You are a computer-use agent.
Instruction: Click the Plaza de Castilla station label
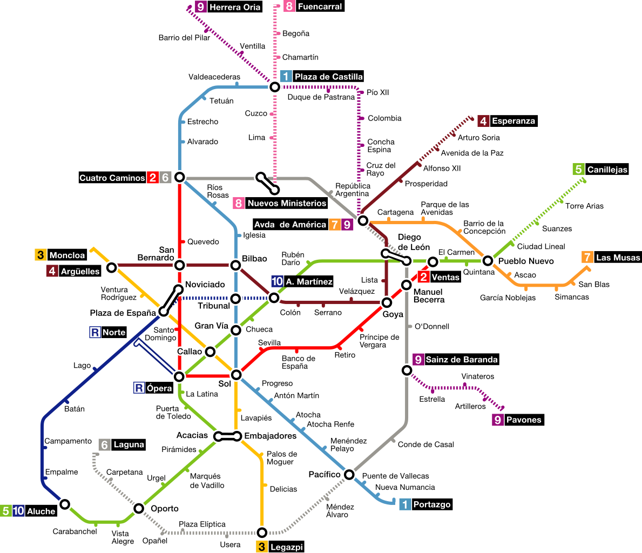pos(328,77)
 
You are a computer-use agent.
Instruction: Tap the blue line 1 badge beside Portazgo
pos(405,504)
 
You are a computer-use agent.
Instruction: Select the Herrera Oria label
pos(235,7)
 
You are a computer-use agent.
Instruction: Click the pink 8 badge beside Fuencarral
pos(289,7)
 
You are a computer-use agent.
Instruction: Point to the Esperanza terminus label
pos(513,121)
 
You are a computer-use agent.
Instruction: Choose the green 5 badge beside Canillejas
pos(578,170)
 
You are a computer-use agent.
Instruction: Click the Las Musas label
pos(618,258)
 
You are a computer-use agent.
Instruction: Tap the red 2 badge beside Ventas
pos(423,278)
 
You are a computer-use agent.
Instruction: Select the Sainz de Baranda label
pos(462,360)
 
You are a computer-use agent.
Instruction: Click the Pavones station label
pos(523,420)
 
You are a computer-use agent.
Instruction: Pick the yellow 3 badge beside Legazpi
pos(262,547)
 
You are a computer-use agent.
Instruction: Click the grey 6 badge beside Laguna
pos(105,444)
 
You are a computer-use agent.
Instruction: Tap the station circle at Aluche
pos(65,504)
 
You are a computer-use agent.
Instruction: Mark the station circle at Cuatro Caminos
pos(180,177)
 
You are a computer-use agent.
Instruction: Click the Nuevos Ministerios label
pos(287,204)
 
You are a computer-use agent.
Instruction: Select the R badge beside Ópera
pos(139,388)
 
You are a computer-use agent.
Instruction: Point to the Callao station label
pos(189,352)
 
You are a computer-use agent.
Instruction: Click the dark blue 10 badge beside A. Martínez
pos(277,281)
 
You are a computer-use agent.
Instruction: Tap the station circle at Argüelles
pos(111,267)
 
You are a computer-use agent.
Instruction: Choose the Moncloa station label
pos(67,255)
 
